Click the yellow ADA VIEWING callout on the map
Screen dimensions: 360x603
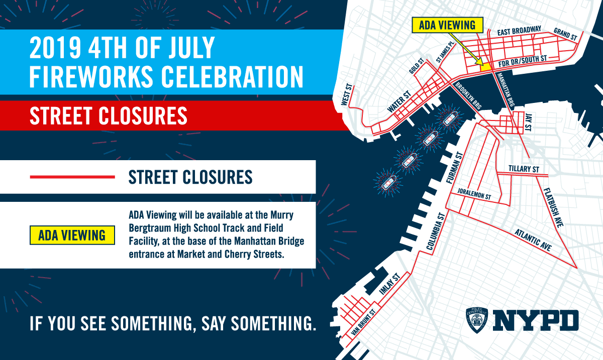coord(447,25)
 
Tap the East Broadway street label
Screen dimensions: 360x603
coord(519,31)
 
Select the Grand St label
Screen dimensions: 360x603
coord(565,34)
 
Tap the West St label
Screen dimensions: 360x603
coord(346,94)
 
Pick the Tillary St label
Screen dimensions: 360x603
coord(523,169)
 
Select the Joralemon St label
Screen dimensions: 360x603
coord(474,194)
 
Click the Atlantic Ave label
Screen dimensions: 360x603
coord(533,240)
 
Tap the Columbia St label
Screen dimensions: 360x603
coord(435,231)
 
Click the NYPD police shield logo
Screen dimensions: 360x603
coord(477,320)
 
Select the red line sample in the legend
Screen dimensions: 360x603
coord(73,177)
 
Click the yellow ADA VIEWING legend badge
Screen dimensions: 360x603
coord(72,235)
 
